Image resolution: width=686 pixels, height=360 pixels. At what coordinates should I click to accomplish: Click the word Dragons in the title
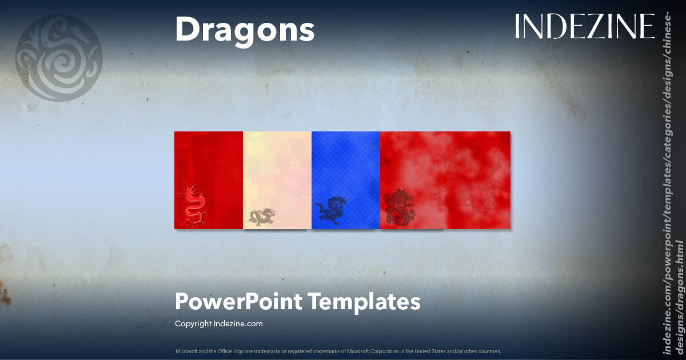pos(245,30)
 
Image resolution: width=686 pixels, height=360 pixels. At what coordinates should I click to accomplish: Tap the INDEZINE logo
pos(584,27)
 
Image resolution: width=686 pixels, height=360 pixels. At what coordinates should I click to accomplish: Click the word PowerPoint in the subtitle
pos(238,301)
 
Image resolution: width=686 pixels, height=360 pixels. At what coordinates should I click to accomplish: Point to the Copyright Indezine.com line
pos(218,323)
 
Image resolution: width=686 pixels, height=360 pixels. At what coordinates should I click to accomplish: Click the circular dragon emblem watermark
pos(58,58)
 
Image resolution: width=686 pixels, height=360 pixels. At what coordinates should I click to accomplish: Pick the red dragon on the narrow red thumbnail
pos(194,205)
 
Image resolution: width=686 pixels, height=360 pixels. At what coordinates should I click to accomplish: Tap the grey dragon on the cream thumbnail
pos(261,217)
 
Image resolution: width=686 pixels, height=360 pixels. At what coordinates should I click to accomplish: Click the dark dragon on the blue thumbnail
pos(330,210)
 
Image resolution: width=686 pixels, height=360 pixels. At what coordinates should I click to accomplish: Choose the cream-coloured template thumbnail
pos(277,171)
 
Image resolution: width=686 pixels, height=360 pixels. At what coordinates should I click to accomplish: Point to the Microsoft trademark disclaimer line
pos(338,351)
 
